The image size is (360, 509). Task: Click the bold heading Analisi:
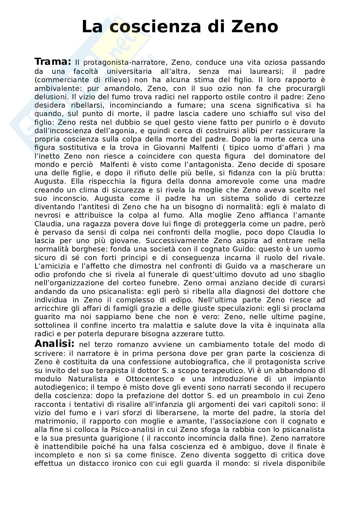pyautogui.click(x=55, y=344)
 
